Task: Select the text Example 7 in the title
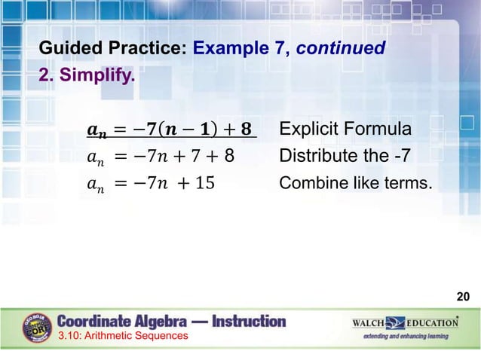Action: click(x=240, y=50)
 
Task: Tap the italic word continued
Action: click(x=341, y=50)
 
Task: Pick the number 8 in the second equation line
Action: click(x=229, y=157)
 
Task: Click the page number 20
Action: click(x=463, y=297)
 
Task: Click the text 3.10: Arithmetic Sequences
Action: click(x=122, y=336)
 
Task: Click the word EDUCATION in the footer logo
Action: click(x=434, y=323)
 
